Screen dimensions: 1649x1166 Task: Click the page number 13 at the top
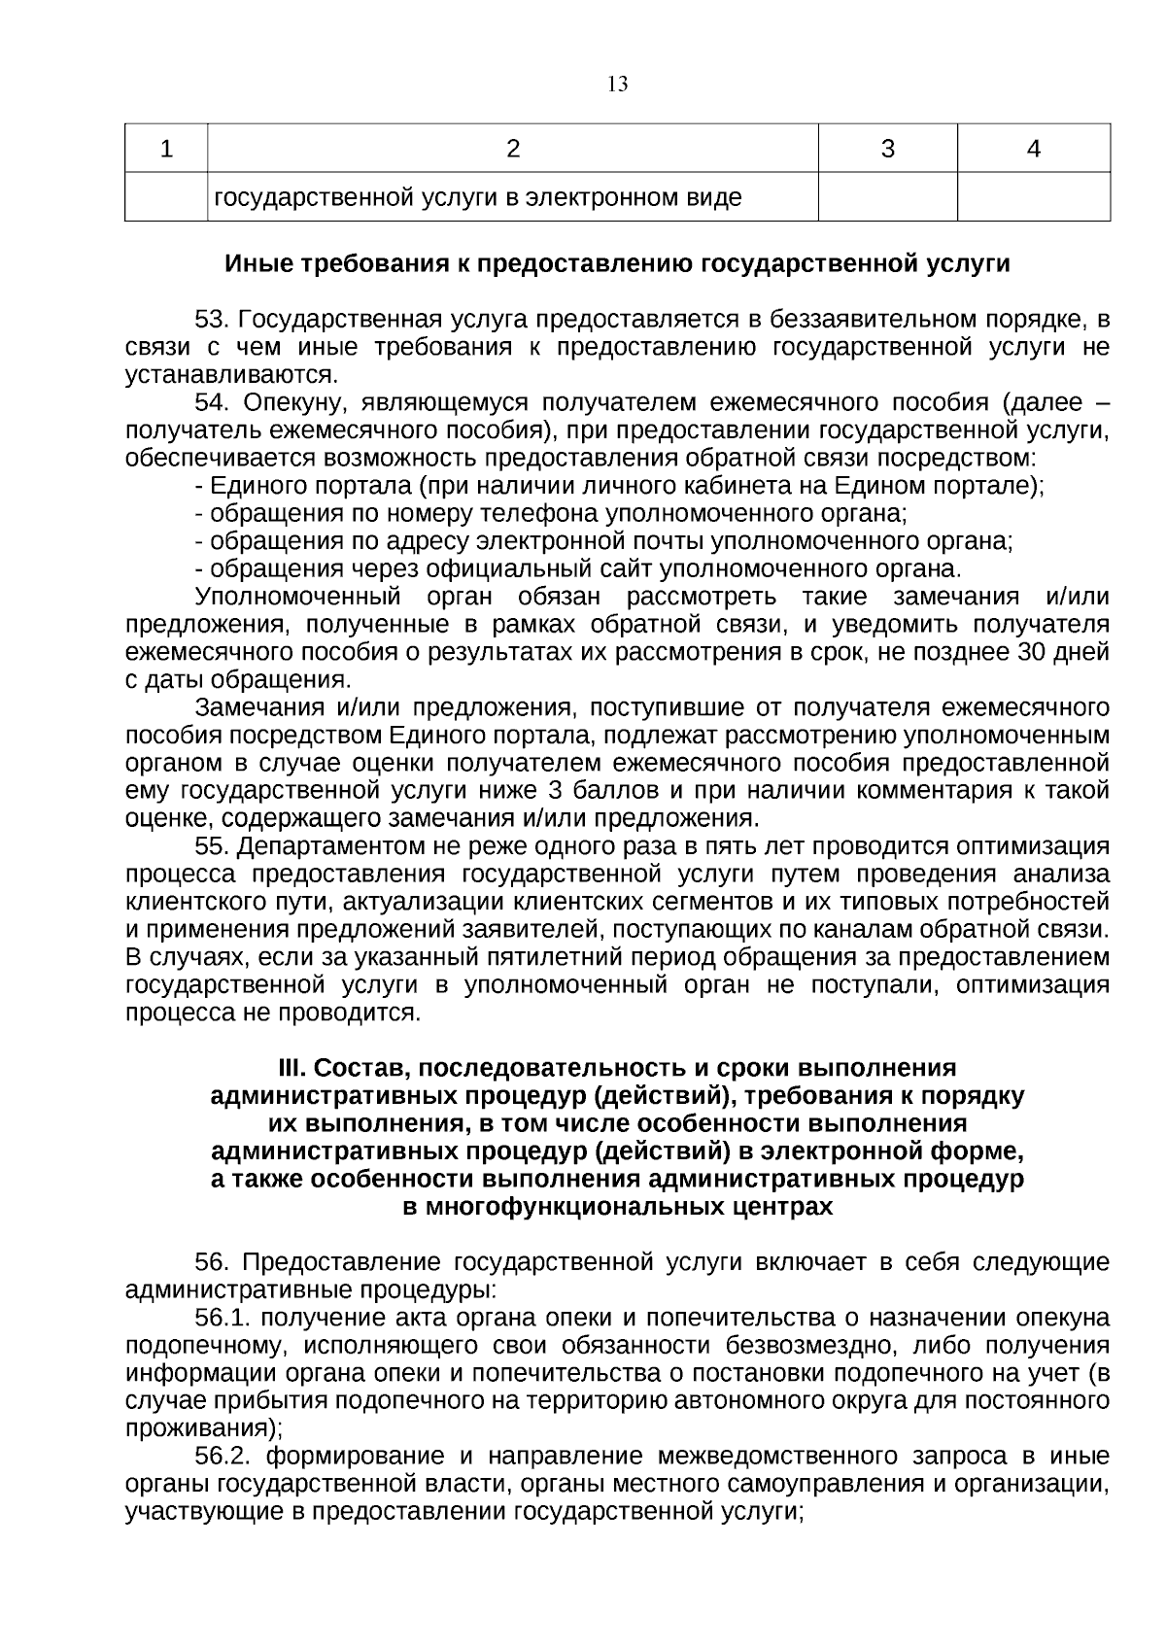pyautogui.click(x=618, y=85)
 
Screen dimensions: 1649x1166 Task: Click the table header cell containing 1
pyautogui.click(x=166, y=149)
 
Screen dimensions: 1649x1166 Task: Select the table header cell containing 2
pyautogui.click(x=513, y=149)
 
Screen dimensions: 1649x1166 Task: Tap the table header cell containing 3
pyautogui.click(x=887, y=149)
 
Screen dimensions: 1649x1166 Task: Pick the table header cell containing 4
pyautogui.click(x=1034, y=149)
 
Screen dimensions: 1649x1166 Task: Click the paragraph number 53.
pyautogui.click(x=212, y=320)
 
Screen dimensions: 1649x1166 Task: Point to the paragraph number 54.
pyautogui.click(x=212, y=402)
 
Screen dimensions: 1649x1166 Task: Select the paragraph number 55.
pyautogui.click(x=212, y=846)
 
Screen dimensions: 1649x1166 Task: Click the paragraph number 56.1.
pyautogui.click(x=223, y=1319)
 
